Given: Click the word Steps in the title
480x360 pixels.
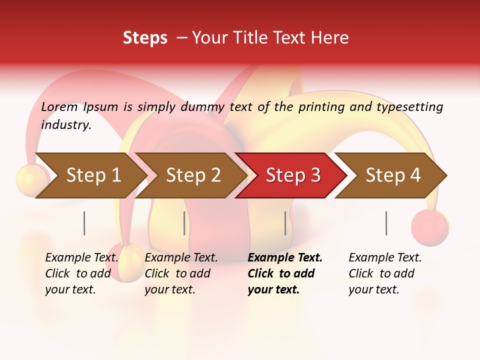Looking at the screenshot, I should click(x=145, y=37).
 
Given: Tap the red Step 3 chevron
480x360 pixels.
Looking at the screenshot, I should click(x=293, y=175).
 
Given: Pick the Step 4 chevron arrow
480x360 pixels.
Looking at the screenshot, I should click(x=393, y=175).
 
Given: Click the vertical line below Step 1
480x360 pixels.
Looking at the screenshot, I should click(x=84, y=223).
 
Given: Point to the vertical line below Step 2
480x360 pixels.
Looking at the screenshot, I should click(x=184, y=223).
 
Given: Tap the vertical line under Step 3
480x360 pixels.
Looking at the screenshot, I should click(x=285, y=223).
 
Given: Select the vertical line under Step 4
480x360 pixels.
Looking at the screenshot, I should click(x=386, y=223).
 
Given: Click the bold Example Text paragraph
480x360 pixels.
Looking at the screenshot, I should click(x=285, y=273).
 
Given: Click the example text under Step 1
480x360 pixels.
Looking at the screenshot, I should click(x=81, y=273).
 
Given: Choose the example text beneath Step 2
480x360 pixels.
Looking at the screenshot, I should click(x=181, y=273).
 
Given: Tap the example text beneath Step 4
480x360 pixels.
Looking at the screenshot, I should click(x=385, y=273).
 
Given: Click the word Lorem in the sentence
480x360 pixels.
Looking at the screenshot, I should click(x=59, y=106).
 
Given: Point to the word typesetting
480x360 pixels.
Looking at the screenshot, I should click(x=409, y=107).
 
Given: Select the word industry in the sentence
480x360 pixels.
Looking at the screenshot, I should click(x=66, y=125).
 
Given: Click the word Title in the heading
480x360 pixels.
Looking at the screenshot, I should click(x=246, y=37).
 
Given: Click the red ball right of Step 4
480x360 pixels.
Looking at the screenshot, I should click(x=429, y=227).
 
